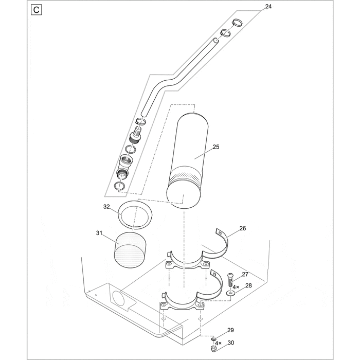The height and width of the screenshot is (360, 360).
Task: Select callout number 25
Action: click(x=215, y=147)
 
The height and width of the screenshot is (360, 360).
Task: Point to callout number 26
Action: click(x=243, y=228)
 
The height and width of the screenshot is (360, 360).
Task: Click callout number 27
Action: click(x=245, y=275)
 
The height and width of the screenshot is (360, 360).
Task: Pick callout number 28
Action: click(x=248, y=285)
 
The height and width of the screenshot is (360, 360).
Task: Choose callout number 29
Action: click(x=230, y=330)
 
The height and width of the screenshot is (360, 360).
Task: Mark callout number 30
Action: click(x=231, y=343)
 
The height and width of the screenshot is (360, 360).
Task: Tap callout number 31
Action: click(x=99, y=233)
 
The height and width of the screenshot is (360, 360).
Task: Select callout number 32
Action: click(x=106, y=207)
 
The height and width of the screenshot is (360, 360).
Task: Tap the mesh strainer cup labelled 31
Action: click(x=130, y=249)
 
